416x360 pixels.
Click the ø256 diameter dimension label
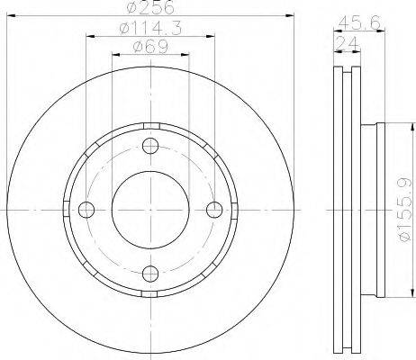150,6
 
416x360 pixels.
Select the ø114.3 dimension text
150,29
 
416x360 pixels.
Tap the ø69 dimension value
150,47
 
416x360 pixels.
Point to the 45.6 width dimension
359,22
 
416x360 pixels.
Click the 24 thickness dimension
348,43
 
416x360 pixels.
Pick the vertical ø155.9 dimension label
404,210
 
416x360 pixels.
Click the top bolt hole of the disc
150,146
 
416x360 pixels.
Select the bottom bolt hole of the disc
150,274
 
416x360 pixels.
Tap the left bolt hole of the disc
86,210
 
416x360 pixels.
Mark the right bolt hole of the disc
215,210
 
